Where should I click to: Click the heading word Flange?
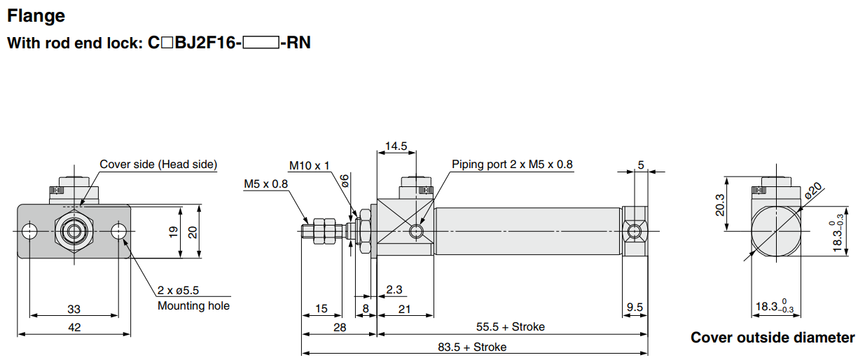pos(36,15)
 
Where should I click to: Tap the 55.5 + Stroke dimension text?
pos(510,326)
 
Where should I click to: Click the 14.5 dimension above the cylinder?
pos(396,146)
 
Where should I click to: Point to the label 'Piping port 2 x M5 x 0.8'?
pos(512,165)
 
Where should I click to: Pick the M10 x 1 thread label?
pos(309,165)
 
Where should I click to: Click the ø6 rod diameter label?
pos(345,181)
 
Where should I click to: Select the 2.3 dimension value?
pos(394,289)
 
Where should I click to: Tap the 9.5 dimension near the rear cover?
pos(635,307)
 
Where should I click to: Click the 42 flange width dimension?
pos(74,327)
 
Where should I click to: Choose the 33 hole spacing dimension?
pos(74,308)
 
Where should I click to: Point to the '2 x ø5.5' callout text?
pos(179,290)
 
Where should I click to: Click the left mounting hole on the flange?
pos(29,231)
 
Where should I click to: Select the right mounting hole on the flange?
pos(119,231)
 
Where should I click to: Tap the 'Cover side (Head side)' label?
pos(158,165)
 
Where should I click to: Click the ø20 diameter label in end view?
pos(814,191)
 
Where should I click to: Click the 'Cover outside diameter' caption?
pos(773,338)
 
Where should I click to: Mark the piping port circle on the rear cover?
pos(635,231)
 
